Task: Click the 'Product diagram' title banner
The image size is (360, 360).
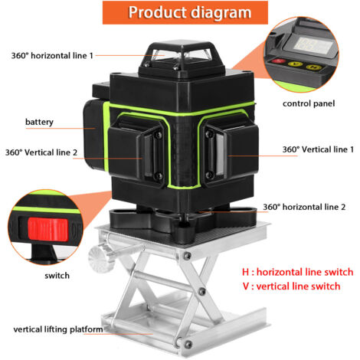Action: coord(185,12)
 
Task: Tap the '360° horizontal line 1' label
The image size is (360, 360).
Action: coord(52,55)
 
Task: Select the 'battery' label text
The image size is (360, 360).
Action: coord(39,122)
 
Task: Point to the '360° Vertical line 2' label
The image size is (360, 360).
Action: coord(41,152)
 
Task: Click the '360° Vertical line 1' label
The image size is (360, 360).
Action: coord(318,149)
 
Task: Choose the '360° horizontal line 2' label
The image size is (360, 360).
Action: coord(304,207)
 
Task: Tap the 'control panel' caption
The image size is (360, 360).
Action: coord(309,103)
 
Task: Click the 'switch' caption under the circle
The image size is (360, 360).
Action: coord(57,276)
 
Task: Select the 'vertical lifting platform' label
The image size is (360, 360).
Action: coord(58,329)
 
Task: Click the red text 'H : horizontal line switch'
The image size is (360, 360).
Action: coord(298,272)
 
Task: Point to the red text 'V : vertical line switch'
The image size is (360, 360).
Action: coord(291,286)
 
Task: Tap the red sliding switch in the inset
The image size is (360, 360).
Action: coord(47,229)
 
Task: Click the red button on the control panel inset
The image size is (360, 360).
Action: coord(279,61)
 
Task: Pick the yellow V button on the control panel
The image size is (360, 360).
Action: coord(296,64)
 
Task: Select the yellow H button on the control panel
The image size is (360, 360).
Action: coord(313,67)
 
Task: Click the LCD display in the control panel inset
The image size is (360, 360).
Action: coord(313,46)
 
